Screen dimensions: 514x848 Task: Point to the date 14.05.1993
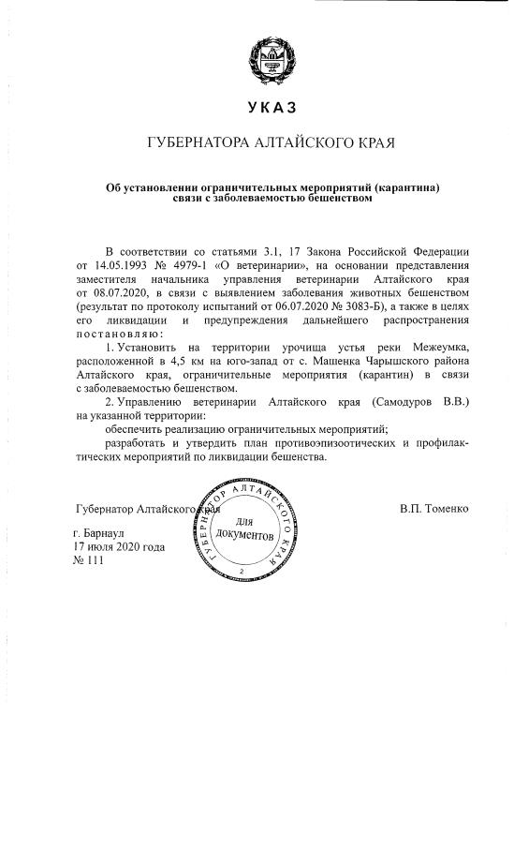[x=116, y=266]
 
